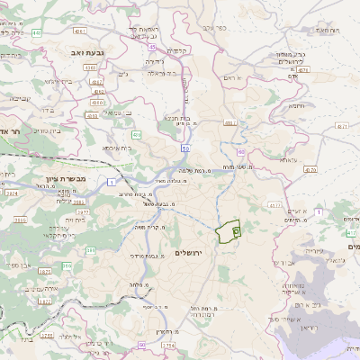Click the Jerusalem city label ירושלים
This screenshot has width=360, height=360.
191,253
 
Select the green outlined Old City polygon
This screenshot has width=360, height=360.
230,231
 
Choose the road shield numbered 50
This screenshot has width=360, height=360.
185,145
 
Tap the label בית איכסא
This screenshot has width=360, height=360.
117,147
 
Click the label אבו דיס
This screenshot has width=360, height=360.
282,265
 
